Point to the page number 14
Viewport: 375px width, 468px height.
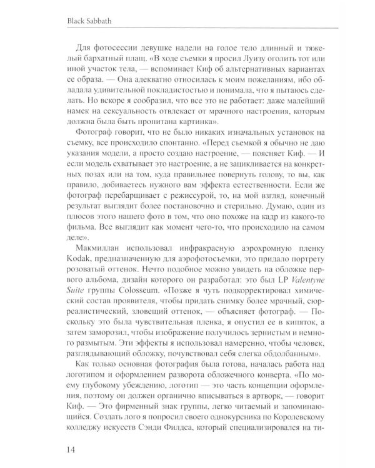click(19, 448)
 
